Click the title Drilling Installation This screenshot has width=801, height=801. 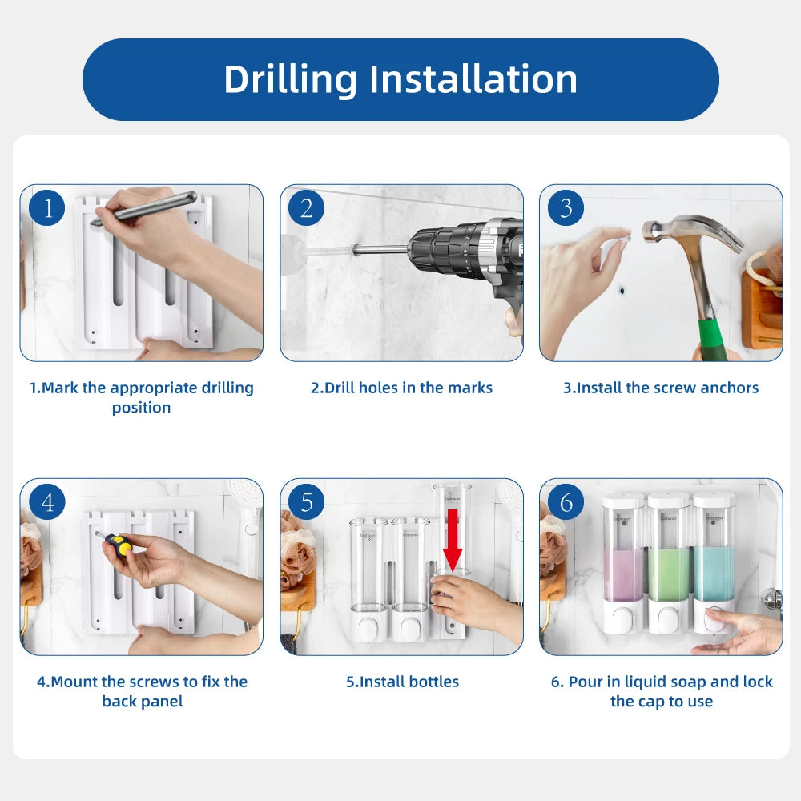pyautogui.click(x=400, y=79)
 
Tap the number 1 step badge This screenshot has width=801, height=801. pyautogui.click(x=47, y=208)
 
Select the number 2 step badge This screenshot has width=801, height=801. pyautogui.click(x=307, y=208)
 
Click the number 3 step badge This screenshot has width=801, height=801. pyautogui.click(x=566, y=208)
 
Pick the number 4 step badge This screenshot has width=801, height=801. pyautogui.click(x=47, y=501)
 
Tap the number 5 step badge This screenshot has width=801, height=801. pyautogui.click(x=307, y=501)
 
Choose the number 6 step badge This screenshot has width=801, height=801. pyautogui.click(x=566, y=501)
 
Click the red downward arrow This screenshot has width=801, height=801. pyautogui.click(x=453, y=540)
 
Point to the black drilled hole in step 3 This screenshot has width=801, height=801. pyautogui.click(x=622, y=292)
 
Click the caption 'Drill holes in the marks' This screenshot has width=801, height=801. pyautogui.click(x=401, y=388)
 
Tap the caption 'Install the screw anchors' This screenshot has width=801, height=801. pyautogui.click(x=661, y=388)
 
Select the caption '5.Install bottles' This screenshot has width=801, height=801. pyautogui.click(x=403, y=682)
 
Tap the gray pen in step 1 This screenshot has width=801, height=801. pyautogui.click(x=143, y=208)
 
